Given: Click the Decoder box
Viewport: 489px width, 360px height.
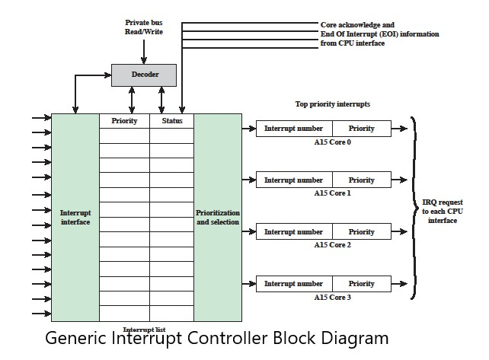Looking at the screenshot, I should [145, 75].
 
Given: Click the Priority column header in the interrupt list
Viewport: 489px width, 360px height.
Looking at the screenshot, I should [124, 121].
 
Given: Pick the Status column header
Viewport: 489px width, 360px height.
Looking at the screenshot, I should [171, 121].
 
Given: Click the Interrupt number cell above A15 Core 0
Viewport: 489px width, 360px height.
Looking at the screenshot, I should [294, 129].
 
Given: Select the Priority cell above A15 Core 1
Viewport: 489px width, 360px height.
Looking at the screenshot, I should [361, 180].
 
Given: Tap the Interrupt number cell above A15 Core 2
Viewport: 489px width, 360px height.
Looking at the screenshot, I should [294, 232].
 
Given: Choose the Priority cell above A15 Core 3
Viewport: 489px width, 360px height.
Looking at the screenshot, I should [361, 284].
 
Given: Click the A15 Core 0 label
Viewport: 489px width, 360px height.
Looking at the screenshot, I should [332, 142].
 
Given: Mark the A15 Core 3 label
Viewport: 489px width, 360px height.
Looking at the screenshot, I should [332, 297].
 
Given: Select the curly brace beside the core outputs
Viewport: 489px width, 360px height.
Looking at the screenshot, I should [414, 207].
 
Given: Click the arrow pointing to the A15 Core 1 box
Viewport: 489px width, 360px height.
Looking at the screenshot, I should [249, 180].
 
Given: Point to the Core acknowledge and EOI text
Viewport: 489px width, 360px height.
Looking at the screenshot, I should [379, 34].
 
